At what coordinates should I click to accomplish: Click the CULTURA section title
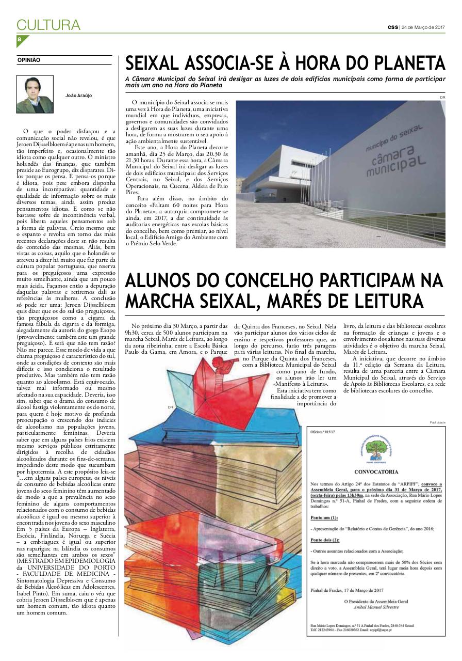tap(48, 25)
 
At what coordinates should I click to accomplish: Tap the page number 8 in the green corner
tap(20, 39)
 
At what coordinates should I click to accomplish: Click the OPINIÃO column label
tap(29, 60)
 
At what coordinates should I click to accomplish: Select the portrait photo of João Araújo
tap(35, 95)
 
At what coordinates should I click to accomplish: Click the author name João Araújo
tap(79, 96)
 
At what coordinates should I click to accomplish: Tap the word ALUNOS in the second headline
tap(159, 280)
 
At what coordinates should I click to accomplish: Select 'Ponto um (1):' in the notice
tap(324, 516)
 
